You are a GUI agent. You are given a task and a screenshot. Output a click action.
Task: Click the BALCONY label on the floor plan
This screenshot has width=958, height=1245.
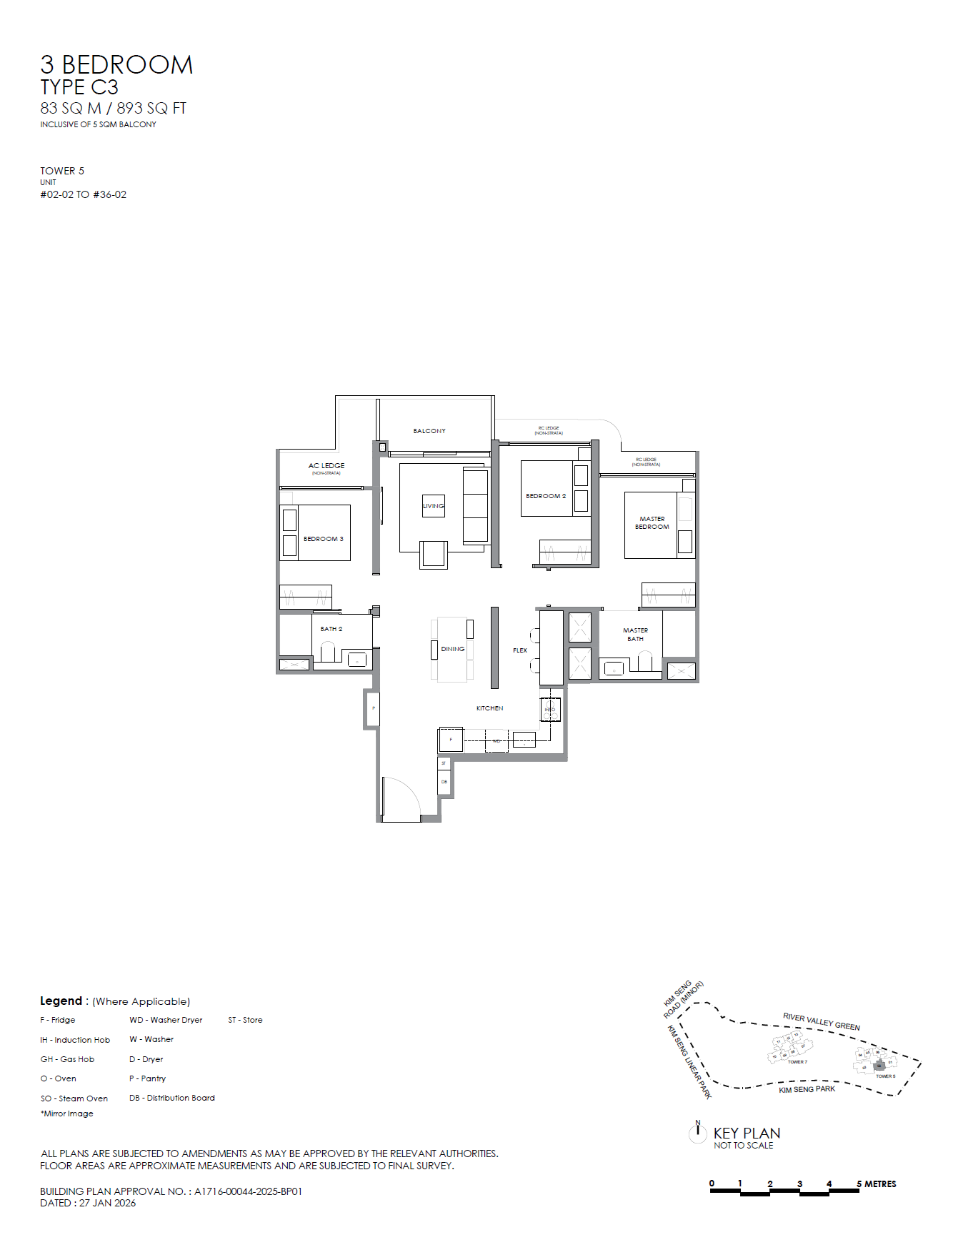tap(429, 431)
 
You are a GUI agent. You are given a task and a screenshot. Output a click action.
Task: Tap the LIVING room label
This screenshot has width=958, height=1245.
tap(433, 506)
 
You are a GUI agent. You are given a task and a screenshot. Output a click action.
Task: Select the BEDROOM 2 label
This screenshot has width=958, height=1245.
tap(546, 496)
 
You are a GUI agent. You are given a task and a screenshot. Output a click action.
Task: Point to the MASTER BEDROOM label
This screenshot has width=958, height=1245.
tap(652, 523)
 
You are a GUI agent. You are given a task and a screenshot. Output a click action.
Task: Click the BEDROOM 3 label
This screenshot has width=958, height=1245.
tap(323, 539)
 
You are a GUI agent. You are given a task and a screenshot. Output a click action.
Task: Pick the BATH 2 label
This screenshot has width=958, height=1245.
tap(331, 629)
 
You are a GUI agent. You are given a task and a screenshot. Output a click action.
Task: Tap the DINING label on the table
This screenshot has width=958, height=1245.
tap(453, 649)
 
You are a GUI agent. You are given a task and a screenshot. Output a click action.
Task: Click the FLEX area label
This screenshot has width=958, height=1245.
tap(520, 650)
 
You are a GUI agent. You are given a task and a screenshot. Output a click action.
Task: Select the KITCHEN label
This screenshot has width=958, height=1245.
tap(490, 708)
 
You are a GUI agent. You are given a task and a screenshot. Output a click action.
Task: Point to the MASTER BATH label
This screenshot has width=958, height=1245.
tap(635, 635)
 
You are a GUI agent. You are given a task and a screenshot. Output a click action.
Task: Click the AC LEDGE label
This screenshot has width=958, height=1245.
tap(326, 466)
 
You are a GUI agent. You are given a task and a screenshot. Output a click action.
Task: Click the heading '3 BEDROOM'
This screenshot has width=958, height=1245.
tap(116, 65)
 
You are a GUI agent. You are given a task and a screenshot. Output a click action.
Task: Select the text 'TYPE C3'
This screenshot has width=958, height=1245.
tap(79, 88)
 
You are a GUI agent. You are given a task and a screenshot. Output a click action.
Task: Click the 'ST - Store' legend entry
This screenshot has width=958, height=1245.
tap(245, 1020)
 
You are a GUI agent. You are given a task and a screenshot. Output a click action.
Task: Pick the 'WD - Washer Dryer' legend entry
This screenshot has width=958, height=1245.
tap(166, 1020)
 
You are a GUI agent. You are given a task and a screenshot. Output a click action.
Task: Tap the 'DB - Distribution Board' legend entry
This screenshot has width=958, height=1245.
tap(171, 1098)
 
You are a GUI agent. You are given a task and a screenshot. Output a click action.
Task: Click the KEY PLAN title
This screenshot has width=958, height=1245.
tap(747, 1134)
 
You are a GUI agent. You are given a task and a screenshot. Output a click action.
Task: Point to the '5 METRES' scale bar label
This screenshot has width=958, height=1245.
tap(877, 1184)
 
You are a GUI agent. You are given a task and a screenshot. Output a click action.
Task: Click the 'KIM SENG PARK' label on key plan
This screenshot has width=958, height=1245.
tap(807, 1089)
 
